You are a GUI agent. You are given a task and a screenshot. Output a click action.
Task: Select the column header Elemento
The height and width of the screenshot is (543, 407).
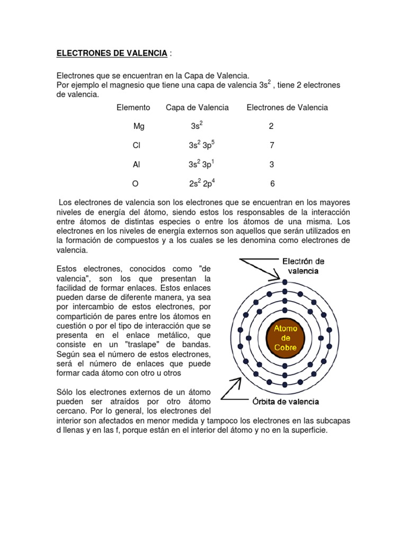(133, 108)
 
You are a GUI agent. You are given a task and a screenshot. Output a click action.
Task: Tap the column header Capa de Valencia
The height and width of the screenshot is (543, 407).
(197, 108)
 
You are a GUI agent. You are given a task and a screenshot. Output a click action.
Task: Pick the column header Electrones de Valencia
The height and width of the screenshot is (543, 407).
(287, 108)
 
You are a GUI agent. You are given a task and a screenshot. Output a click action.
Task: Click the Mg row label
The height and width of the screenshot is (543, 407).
(138, 127)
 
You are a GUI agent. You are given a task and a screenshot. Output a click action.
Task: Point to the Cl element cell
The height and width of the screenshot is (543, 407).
(136, 146)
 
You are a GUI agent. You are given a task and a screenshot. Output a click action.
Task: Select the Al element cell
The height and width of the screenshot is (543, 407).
(136, 165)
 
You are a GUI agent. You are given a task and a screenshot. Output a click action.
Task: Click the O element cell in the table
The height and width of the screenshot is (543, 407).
(136, 184)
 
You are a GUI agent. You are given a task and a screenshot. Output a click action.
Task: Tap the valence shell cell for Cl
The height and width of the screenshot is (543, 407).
(201, 145)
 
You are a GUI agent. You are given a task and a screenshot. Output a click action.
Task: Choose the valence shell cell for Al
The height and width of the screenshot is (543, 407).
(201, 164)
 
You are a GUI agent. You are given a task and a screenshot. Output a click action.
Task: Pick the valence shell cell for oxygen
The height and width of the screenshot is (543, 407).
(201, 183)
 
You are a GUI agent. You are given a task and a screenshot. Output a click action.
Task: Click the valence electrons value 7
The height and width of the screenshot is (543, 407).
(272, 146)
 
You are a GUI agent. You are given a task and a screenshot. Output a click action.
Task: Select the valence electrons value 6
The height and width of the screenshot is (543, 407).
(272, 184)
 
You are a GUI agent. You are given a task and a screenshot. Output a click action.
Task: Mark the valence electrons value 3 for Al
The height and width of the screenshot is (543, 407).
(272, 165)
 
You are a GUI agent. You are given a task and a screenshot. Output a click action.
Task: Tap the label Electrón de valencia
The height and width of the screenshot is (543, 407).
(303, 266)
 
